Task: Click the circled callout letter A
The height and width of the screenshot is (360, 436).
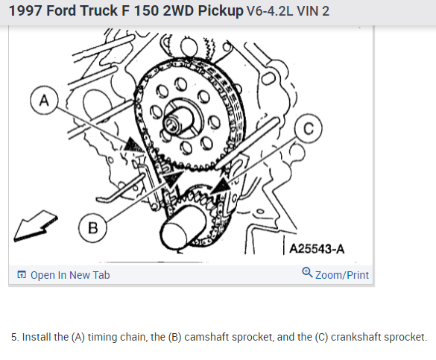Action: tap(44, 100)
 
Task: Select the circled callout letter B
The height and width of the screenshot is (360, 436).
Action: tap(92, 228)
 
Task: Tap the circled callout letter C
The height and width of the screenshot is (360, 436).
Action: tap(309, 128)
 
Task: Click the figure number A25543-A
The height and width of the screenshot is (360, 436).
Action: tap(317, 249)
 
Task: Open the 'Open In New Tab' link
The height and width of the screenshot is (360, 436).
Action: tap(70, 275)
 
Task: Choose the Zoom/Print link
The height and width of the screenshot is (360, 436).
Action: tap(342, 275)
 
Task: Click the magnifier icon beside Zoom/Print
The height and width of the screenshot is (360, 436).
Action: tap(307, 273)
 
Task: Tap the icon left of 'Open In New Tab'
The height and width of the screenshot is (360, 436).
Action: tap(22, 274)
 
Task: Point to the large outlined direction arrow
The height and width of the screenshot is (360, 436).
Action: tap(35, 226)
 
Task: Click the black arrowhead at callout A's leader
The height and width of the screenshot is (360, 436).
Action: tap(133, 145)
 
